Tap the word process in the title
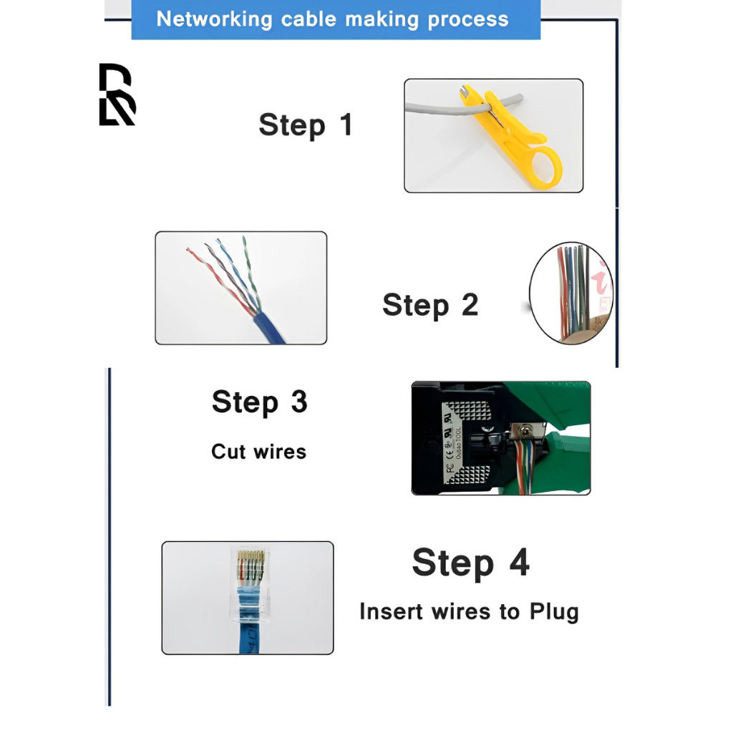pos(468,19)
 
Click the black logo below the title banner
pos(117,94)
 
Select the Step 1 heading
pos(306,125)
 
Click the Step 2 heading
pos(429,305)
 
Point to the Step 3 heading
pos(259,402)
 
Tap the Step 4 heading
pos(470,563)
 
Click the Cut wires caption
pos(258,452)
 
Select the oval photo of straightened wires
pos(571,293)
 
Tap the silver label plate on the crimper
pos(458,438)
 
